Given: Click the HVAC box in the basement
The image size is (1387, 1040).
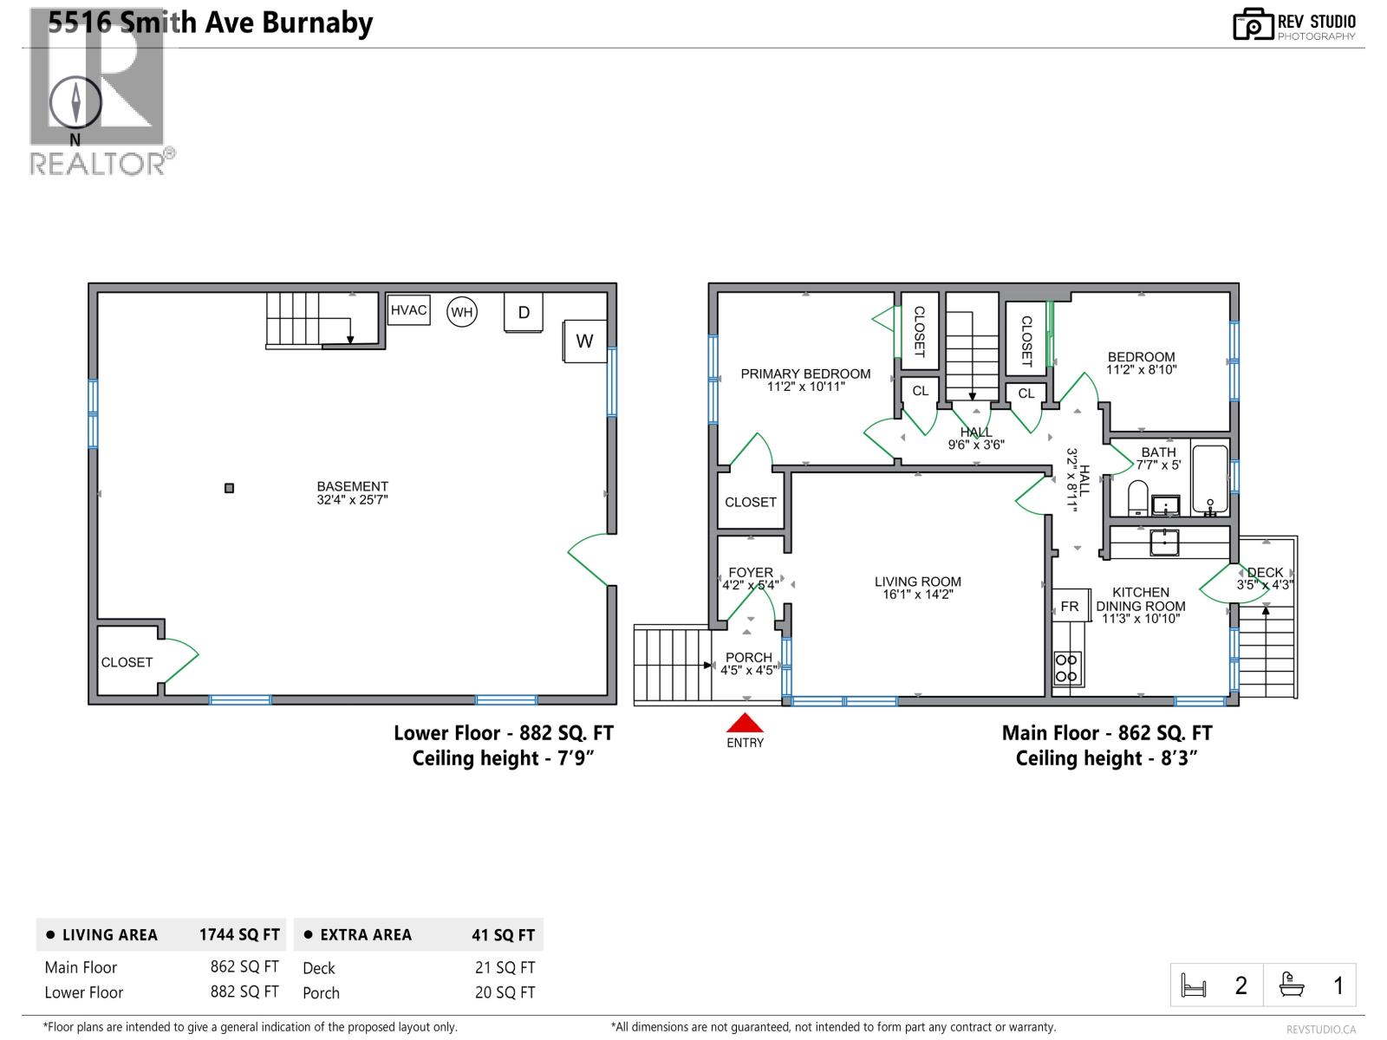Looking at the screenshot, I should (408, 310).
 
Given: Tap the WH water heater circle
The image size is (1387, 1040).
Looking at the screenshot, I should (461, 312).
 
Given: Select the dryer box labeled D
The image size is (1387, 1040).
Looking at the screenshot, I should (524, 312).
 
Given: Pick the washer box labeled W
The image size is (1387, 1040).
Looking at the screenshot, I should (584, 341).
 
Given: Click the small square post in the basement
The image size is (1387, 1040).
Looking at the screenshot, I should (229, 488).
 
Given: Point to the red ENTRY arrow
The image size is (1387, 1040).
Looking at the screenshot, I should (745, 723).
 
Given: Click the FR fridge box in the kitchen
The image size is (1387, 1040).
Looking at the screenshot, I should (1070, 607).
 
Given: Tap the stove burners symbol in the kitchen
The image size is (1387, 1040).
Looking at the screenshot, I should (1067, 667).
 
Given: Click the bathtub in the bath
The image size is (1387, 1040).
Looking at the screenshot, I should (1209, 479).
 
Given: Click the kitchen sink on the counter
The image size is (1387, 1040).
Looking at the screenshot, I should (1163, 543).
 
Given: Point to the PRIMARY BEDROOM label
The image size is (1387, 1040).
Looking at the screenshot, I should (805, 374).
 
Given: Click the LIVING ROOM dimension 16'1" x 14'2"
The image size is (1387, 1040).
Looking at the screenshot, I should (917, 595).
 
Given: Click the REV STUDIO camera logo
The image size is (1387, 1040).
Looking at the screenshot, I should (1252, 24).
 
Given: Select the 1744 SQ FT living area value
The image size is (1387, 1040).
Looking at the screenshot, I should (239, 935).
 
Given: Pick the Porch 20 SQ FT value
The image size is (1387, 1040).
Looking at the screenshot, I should (505, 993).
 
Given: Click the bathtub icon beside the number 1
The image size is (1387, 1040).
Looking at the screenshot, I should (1293, 985).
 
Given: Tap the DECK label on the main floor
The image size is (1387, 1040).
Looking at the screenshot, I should (1265, 572).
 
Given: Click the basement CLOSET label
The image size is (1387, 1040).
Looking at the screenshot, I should (127, 662).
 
